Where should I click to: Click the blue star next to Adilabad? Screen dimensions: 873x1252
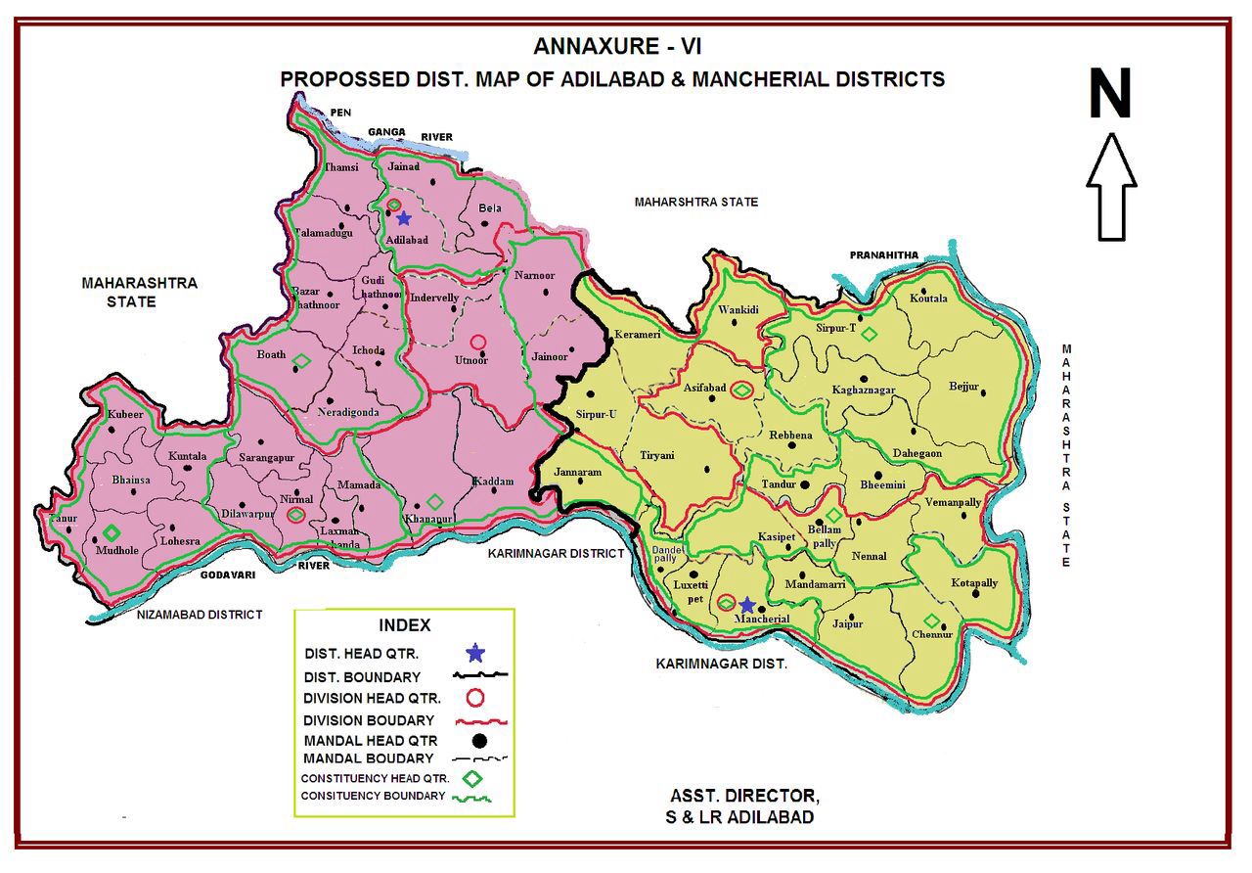(x=403, y=218)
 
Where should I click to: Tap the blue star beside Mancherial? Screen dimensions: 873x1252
(x=747, y=605)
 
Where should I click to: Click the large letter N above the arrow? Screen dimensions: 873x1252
(x=1110, y=95)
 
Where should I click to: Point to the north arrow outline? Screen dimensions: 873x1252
(x=1111, y=187)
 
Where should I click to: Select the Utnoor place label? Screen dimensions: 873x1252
(x=471, y=360)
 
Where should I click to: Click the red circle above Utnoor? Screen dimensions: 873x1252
(x=477, y=343)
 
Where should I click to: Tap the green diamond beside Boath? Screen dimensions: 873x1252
(x=301, y=361)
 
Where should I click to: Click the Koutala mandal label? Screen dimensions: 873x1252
(x=928, y=299)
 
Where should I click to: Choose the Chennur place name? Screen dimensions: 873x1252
(x=932, y=635)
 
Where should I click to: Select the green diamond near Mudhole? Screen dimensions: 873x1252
(x=112, y=533)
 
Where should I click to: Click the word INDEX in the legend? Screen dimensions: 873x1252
(x=404, y=625)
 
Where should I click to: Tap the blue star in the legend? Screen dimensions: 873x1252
(x=475, y=652)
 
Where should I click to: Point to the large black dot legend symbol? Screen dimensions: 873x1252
(x=477, y=741)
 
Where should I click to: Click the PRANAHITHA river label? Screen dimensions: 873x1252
(x=884, y=255)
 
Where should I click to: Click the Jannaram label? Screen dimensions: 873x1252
(x=577, y=472)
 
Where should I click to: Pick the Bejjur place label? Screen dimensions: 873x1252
(x=963, y=387)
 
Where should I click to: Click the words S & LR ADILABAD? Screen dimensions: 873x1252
(x=741, y=817)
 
